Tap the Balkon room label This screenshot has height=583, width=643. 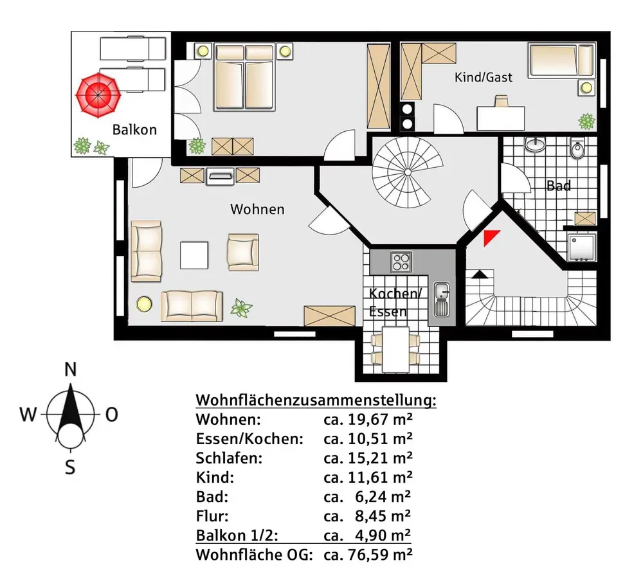click(134, 129)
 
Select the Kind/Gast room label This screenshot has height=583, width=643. click(484, 77)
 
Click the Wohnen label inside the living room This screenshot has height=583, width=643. click(257, 210)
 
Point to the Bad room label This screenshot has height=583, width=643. click(558, 186)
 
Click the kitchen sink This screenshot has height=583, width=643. click(442, 299)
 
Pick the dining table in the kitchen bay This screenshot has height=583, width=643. click(393, 349)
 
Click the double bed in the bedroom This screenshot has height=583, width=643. click(244, 76)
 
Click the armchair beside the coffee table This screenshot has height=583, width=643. click(242, 251)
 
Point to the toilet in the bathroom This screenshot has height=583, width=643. click(577, 150)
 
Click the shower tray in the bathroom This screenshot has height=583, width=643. click(583, 247)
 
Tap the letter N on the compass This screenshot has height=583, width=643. click(71, 369)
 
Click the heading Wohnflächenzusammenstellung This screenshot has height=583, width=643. click(316, 400)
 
